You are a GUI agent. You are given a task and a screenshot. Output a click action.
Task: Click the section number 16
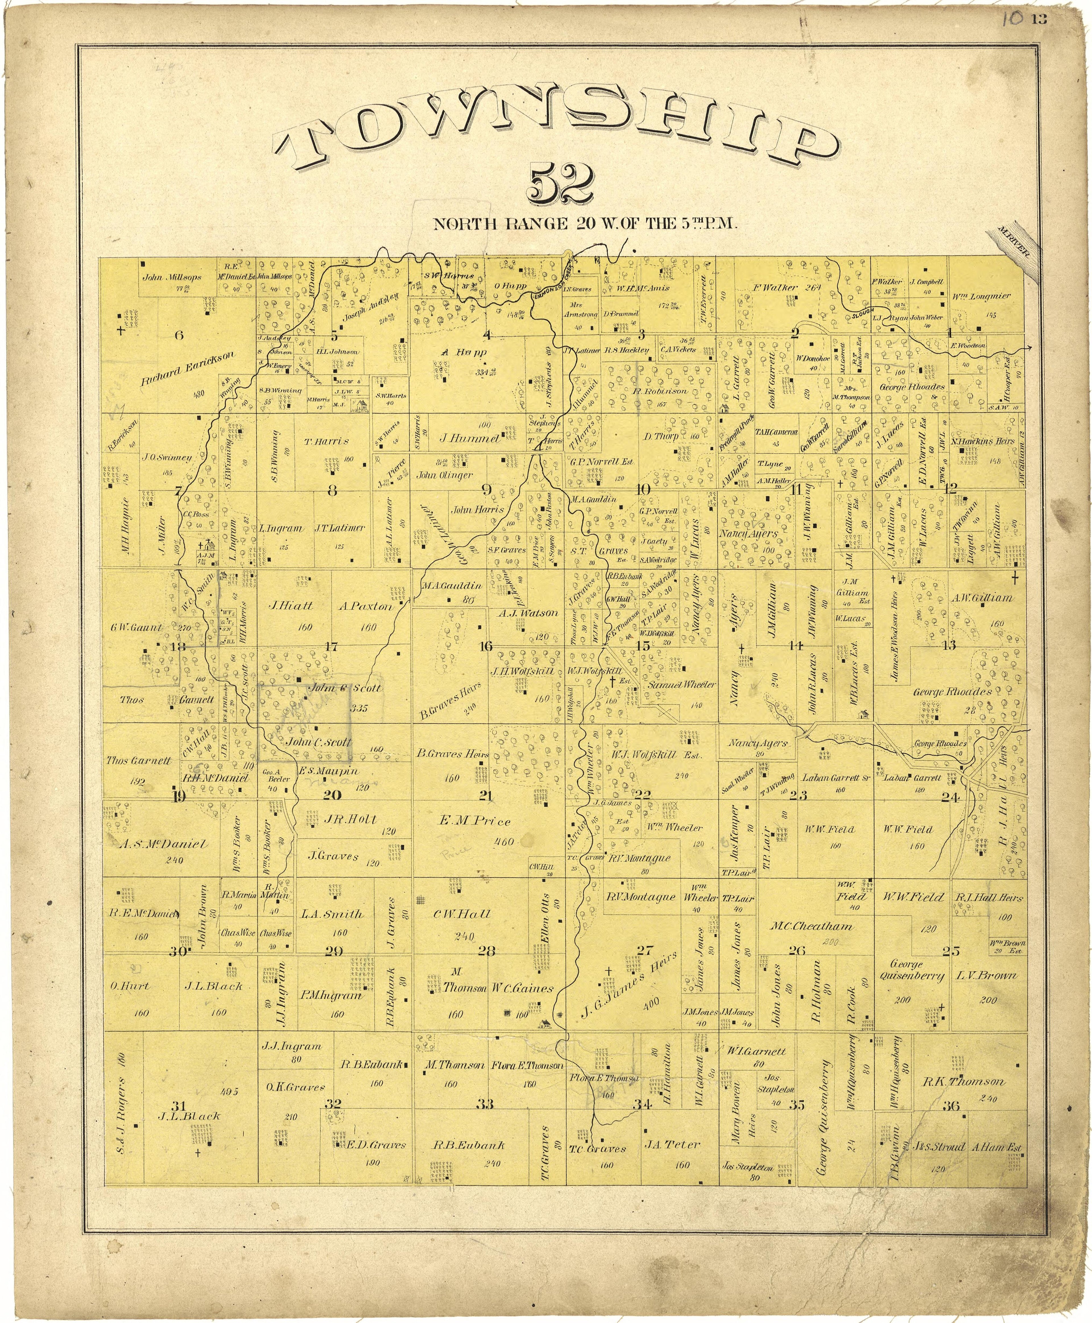coord(486,646)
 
